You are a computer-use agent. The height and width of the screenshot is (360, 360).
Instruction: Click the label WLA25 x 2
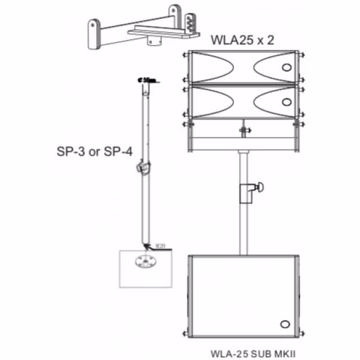(x=243, y=40)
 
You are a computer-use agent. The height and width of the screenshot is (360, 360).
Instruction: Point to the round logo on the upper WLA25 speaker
(x=287, y=68)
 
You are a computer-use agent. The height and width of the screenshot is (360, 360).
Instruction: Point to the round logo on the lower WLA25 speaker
(x=287, y=102)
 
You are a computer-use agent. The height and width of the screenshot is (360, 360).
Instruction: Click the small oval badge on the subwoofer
(x=285, y=323)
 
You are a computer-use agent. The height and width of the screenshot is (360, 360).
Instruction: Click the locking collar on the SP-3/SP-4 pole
(x=143, y=167)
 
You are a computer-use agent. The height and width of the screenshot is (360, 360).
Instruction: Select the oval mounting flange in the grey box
(x=146, y=261)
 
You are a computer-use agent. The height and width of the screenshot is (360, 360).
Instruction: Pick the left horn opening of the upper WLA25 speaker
(x=213, y=68)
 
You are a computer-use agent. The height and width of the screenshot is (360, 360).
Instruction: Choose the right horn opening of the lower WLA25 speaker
(x=274, y=102)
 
